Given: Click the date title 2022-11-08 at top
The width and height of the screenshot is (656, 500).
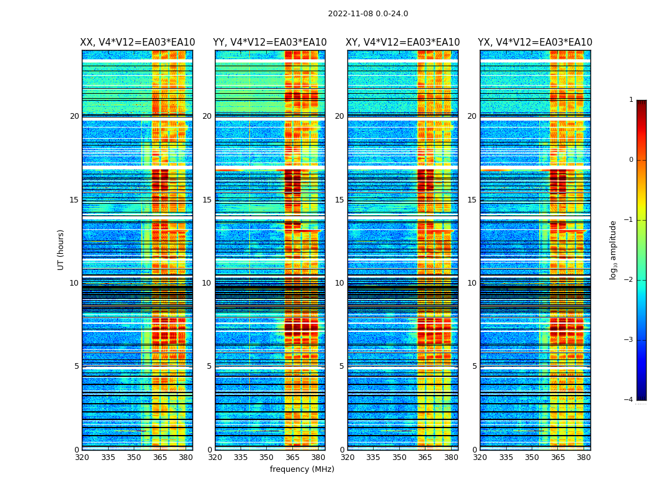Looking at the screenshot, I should click(368, 14).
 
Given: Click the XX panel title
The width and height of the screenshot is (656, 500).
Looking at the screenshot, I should click(137, 42).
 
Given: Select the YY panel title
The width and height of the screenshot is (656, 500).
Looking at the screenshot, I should click(270, 42).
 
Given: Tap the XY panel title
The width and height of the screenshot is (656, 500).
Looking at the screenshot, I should click(403, 42).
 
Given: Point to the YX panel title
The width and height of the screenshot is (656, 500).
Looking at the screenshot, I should click(535, 42).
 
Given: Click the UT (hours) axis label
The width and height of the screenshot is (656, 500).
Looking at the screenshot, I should click(61, 249).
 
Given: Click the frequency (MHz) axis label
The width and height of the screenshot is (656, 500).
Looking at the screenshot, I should click(302, 469).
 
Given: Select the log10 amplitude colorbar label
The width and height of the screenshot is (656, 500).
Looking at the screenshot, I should click(614, 249).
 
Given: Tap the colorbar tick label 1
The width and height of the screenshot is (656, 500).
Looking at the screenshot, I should click(631, 100).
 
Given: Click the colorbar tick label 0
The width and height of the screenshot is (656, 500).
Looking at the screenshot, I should click(631, 160).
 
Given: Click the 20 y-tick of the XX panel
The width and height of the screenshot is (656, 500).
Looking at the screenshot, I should click(74, 116).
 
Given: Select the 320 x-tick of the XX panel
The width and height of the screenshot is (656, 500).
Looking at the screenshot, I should click(82, 457).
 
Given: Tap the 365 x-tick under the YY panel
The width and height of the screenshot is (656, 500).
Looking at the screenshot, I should click(292, 457).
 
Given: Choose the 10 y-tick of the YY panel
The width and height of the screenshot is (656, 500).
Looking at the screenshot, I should click(207, 283).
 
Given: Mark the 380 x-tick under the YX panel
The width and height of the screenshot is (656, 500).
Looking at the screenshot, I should click(584, 457).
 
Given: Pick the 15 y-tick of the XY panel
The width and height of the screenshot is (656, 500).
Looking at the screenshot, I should click(339, 200).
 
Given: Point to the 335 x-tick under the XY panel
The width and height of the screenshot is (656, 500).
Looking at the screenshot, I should click(374, 457).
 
